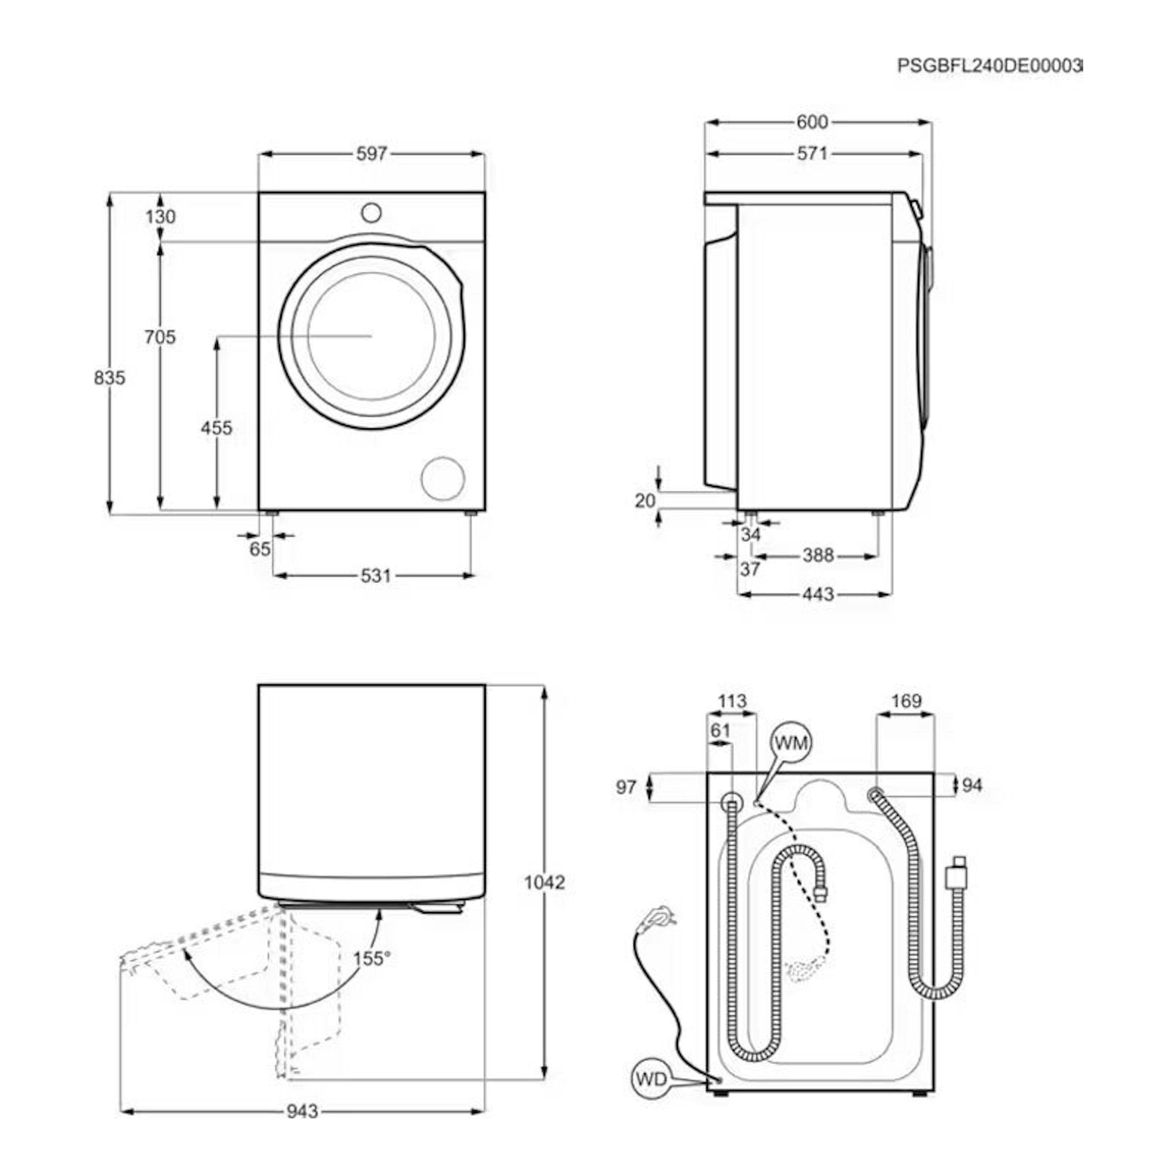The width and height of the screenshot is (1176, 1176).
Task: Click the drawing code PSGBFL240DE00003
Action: coord(990,66)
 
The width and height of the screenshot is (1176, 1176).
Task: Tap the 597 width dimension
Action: coord(371,153)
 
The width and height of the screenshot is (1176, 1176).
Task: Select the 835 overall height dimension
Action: coord(110,378)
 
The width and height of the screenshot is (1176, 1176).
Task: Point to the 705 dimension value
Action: coord(160,337)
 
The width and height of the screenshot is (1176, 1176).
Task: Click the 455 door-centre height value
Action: coord(217,428)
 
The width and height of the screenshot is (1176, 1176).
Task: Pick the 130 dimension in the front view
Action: coord(161,216)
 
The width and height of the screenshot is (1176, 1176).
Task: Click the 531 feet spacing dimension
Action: coord(375,575)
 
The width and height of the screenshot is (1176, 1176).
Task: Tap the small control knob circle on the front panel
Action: coord(371,213)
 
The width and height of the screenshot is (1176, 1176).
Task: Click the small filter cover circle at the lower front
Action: coord(443,478)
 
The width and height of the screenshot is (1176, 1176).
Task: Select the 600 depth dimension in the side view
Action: coord(813,122)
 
